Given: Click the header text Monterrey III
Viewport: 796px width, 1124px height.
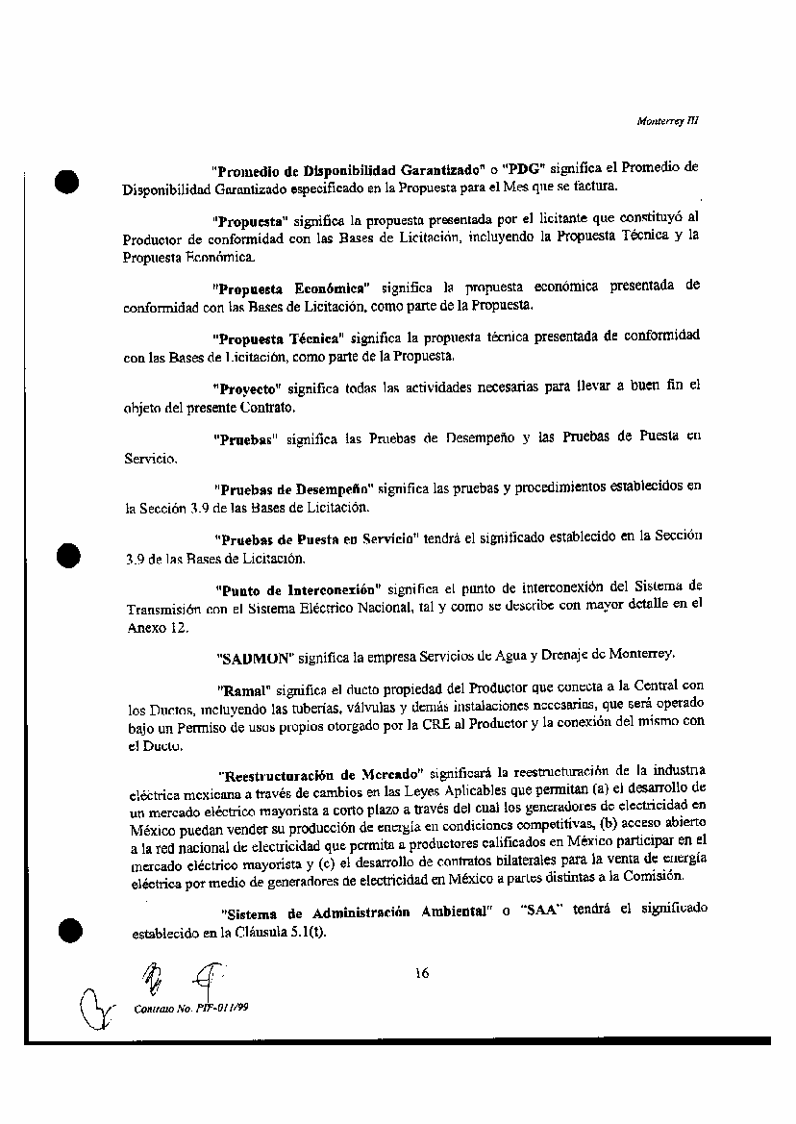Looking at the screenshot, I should pyautogui.click(x=667, y=121).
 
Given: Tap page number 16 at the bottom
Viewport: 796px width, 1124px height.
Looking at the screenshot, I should pyautogui.click(x=421, y=972).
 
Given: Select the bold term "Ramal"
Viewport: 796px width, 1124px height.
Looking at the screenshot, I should pyautogui.click(x=245, y=688).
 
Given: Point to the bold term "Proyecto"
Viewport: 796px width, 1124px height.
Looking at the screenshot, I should pyautogui.click(x=245, y=388).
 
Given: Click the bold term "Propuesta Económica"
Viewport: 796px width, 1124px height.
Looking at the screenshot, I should pyautogui.click(x=292, y=287).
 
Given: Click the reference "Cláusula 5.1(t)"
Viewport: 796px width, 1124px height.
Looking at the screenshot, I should pyautogui.click(x=284, y=931).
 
